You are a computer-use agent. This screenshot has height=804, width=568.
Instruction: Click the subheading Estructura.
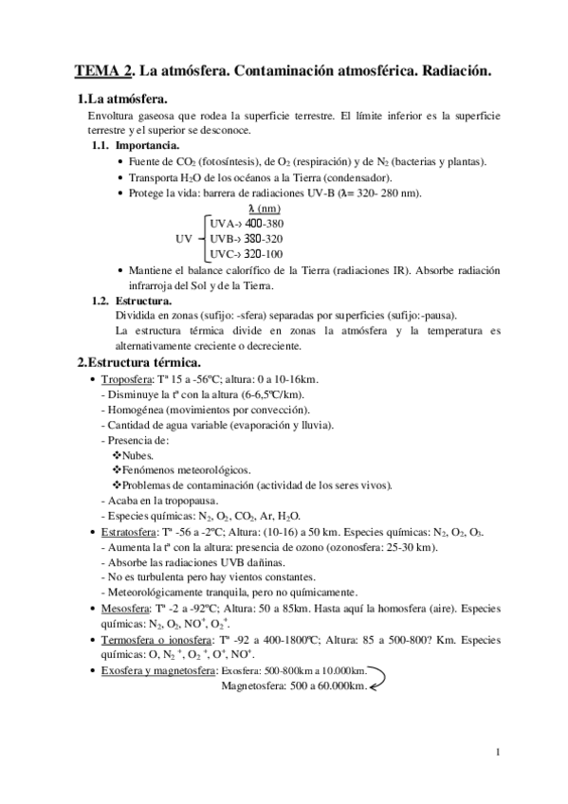(145, 301)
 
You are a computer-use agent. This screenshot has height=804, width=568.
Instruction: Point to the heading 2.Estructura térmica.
(137, 362)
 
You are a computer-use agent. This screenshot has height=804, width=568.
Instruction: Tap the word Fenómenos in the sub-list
(154, 470)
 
